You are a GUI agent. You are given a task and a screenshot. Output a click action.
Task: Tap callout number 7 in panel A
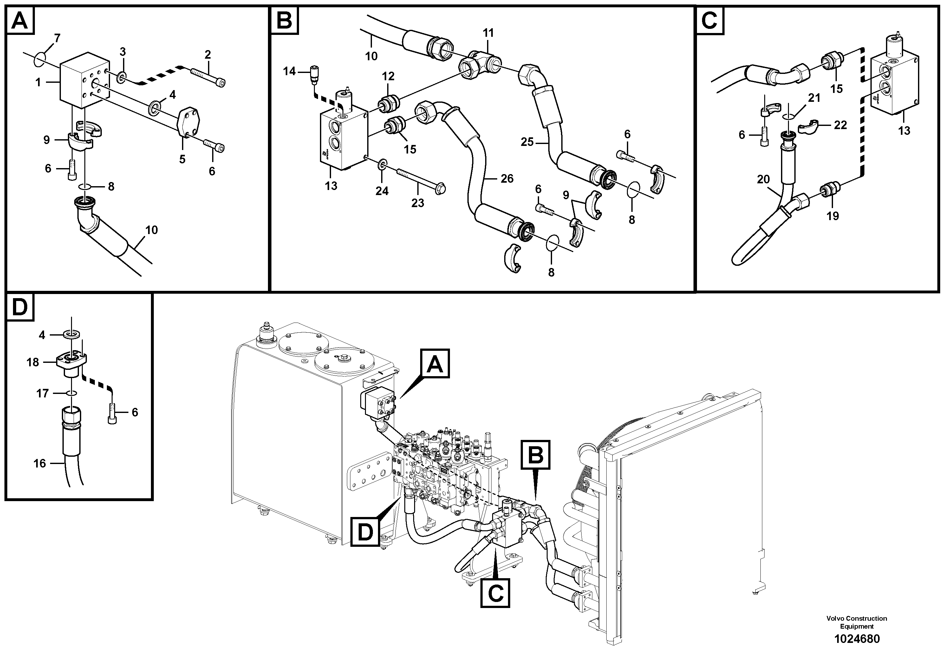click(57, 38)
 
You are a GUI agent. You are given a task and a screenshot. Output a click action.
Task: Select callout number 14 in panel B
click(289, 72)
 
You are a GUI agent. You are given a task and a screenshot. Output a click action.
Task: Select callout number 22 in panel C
click(840, 125)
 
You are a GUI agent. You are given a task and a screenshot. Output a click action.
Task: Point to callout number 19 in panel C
click(833, 216)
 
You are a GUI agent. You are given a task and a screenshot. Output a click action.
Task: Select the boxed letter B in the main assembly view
click(535, 455)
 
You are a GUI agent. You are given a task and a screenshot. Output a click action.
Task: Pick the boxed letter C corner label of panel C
click(709, 21)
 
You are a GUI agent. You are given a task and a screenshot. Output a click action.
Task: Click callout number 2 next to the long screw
click(208, 54)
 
